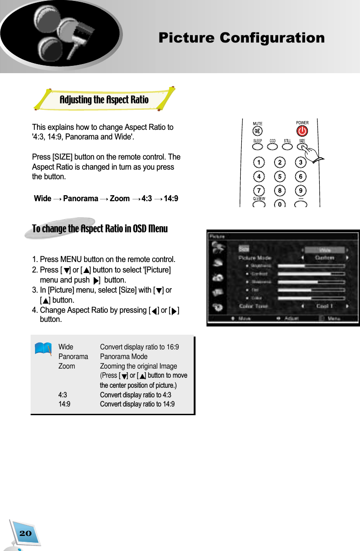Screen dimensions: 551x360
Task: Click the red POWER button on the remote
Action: [302, 131]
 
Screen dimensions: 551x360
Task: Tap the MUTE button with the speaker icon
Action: [258, 131]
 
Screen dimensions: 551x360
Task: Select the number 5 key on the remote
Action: [280, 176]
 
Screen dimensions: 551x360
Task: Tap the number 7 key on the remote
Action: [259, 190]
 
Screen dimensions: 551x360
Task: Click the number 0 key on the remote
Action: [280, 205]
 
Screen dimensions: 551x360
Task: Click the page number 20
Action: [26, 533]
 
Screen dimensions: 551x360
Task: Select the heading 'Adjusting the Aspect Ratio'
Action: [104, 100]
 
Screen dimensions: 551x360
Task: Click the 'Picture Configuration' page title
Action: [241, 38]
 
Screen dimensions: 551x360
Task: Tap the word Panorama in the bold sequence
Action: [80, 198]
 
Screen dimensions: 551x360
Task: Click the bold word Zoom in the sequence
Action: [120, 198]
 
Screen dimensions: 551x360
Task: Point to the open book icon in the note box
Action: [43, 348]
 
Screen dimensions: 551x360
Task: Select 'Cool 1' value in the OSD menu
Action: [325, 306]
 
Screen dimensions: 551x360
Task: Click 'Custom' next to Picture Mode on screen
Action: [325, 258]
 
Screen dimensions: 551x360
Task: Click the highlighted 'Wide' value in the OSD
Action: [325, 250]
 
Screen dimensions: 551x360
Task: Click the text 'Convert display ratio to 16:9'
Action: [139, 347]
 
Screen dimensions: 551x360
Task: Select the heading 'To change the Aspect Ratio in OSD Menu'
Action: [100, 229]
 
